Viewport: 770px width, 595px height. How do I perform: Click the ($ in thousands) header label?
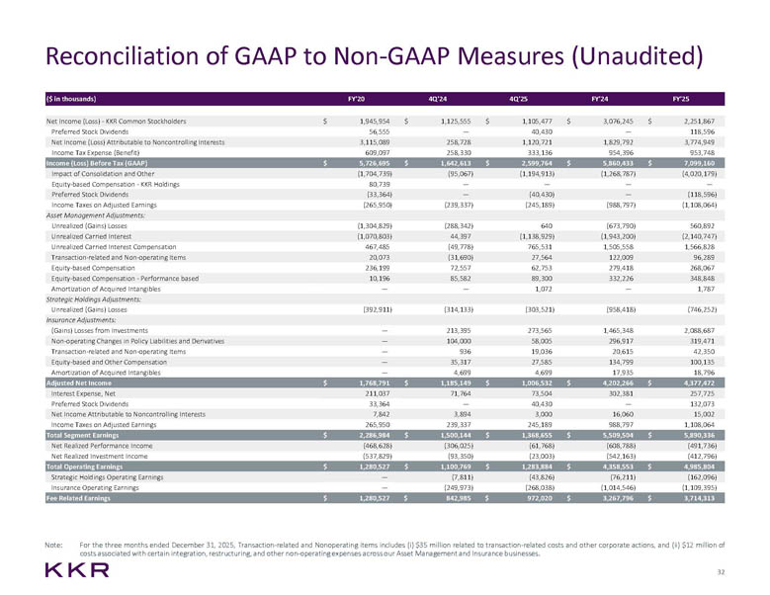75,99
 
